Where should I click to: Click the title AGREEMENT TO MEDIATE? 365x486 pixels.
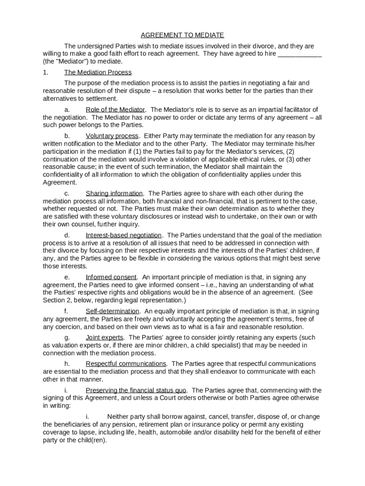click(x=182, y=35)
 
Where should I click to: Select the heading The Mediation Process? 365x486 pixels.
click(x=98, y=72)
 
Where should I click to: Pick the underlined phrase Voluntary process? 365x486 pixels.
click(x=112, y=136)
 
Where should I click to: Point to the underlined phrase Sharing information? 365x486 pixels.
click(x=114, y=193)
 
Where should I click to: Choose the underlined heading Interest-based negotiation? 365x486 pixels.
click(x=124, y=235)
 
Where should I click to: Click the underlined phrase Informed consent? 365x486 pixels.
click(x=111, y=277)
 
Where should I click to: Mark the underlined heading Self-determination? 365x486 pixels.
click(x=112, y=311)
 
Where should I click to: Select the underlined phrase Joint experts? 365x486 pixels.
click(x=104, y=337)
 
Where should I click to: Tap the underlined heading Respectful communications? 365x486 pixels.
click(x=126, y=364)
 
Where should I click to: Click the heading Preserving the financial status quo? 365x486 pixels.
click(x=136, y=390)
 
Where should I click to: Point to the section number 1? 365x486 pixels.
click(x=45, y=72)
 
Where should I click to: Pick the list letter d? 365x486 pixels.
click(x=67, y=235)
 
